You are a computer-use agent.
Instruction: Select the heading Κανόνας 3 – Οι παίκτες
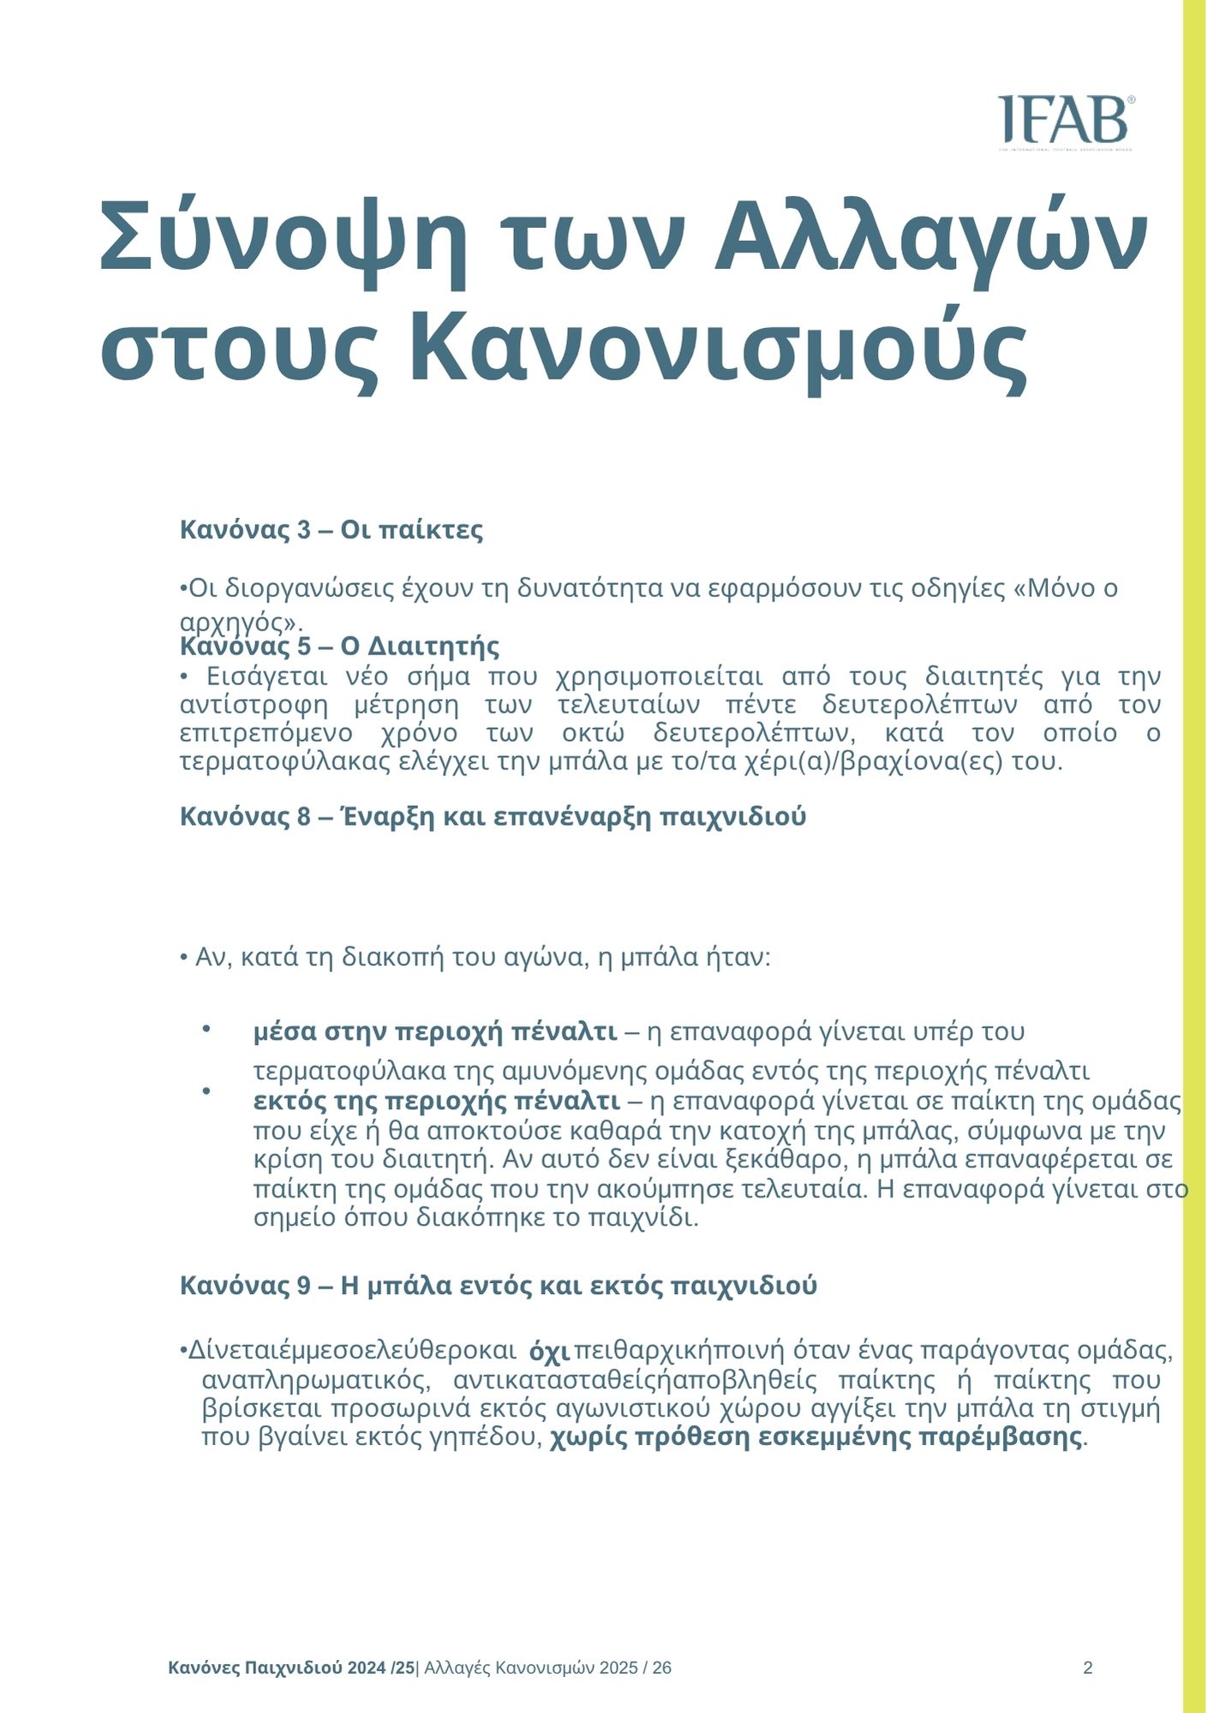[x=331, y=530]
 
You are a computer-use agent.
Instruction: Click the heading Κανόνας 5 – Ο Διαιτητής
[x=339, y=646]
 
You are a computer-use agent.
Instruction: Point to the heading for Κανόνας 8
[x=493, y=817]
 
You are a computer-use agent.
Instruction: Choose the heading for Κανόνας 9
[x=498, y=1286]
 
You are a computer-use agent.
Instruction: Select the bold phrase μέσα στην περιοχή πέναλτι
[x=435, y=1032]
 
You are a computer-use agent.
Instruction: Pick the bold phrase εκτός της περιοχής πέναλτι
[x=437, y=1101]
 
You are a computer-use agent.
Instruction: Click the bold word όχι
[x=550, y=1353]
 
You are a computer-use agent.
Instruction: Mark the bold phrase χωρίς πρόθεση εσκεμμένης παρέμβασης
[x=816, y=1437]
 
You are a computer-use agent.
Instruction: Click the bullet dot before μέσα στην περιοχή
[x=206, y=1028]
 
